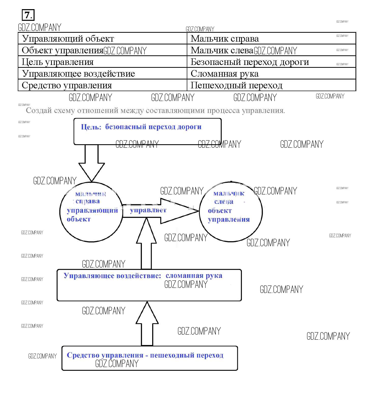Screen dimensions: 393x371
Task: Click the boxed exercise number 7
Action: click(x=28, y=15)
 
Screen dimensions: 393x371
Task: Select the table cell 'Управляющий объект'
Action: click(x=68, y=39)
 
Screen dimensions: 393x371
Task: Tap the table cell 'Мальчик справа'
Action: click(x=225, y=39)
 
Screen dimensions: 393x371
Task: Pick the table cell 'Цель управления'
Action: click(x=58, y=62)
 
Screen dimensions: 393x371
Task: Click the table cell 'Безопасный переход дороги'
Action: click(x=250, y=62)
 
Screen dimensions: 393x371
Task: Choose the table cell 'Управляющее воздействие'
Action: click(x=78, y=74)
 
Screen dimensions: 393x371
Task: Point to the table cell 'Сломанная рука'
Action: click(x=225, y=74)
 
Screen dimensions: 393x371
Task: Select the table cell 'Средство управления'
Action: click(x=67, y=85)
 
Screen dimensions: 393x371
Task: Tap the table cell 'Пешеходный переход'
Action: click(x=236, y=85)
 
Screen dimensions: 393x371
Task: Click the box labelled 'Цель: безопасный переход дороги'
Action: click(x=147, y=132)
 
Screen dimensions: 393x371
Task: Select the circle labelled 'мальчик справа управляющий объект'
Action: click(x=91, y=211)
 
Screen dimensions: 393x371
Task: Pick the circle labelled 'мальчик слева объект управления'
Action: click(x=231, y=211)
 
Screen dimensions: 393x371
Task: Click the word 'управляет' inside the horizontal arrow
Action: click(x=148, y=210)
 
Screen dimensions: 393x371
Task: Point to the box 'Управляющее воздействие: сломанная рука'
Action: click(x=149, y=285)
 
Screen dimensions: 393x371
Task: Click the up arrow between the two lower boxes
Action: click(x=147, y=324)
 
